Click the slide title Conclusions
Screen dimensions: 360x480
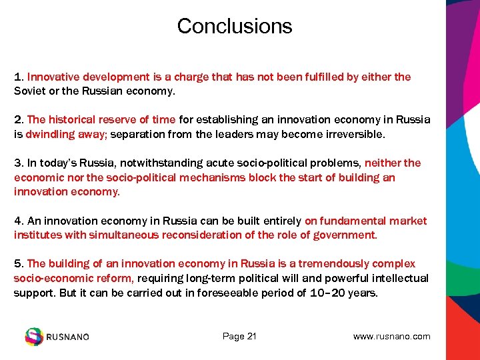(235, 26)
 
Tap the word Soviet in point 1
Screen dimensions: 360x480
(30, 91)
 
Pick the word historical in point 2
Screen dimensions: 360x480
(71, 120)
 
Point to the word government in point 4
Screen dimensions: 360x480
(345, 235)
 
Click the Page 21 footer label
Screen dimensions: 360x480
(239, 337)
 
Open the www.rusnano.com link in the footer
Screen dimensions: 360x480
(391, 337)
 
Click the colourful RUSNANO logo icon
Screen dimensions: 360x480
(33, 337)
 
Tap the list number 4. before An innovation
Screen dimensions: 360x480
(19, 221)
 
